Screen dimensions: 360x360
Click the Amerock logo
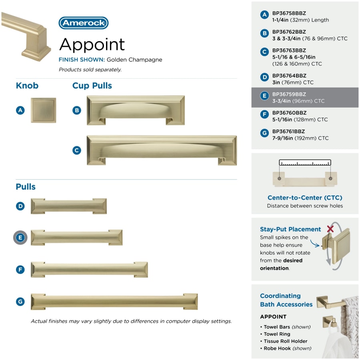(x=83, y=23)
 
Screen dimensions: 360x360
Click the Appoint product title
(x=92, y=45)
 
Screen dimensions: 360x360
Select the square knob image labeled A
(x=43, y=110)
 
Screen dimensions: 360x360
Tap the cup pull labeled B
(x=136, y=110)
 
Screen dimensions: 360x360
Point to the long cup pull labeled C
(x=162, y=150)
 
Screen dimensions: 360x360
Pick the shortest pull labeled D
(x=69, y=206)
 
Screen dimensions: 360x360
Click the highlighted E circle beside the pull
(x=20, y=237)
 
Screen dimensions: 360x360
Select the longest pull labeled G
(x=114, y=302)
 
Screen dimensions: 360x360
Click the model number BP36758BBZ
(x=289, y=13)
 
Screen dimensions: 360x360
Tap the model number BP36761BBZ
(x=288, y=132)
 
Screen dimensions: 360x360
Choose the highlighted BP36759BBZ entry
(x=305, y=97)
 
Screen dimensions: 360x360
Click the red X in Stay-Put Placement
(x=330, y=229)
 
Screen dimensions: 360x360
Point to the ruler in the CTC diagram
(x=305, y=162)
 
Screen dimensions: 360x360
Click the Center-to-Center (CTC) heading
(x=305, y=198)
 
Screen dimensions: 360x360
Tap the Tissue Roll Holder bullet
(x=284, y=341)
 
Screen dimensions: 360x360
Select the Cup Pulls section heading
(x=92, y=86)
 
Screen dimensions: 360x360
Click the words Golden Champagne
(x=134, y=60)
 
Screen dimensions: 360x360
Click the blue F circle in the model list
(x=264, y=114)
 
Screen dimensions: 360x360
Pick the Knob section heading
(x=27, y=86)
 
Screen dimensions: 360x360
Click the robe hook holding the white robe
(x=330, y=322)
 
